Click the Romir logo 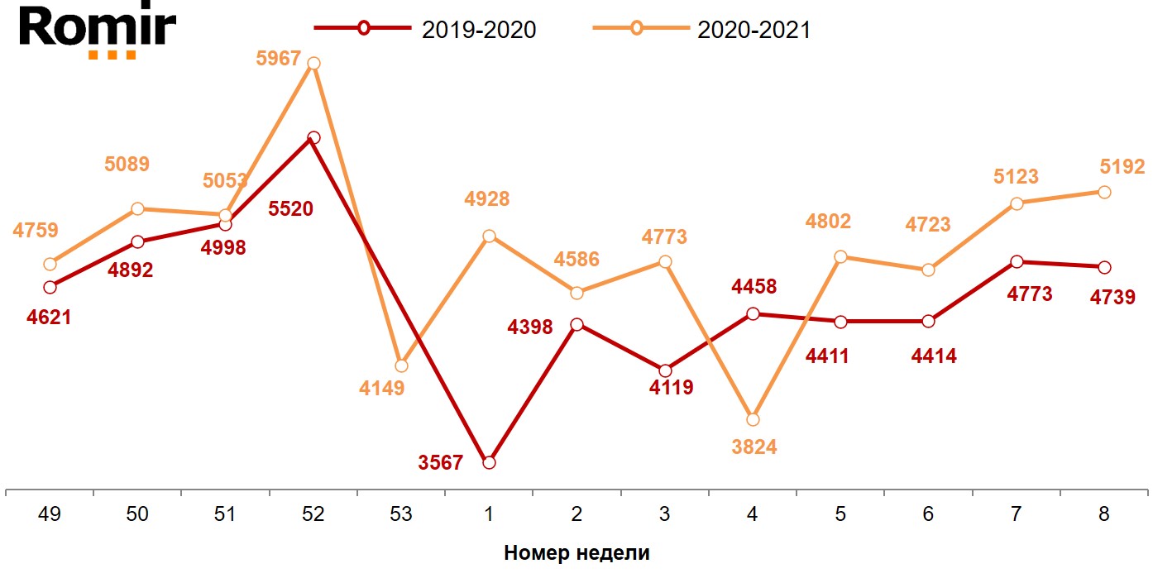click(x=98, y=31)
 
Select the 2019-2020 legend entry click(x=426, y=29)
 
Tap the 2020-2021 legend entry click(x=703, y=29)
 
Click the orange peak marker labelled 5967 click(x=313, y=63)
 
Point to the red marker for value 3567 click(x=489, y=462)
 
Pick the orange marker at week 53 click(x=401, y=365)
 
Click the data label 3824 click(x=754, y=447)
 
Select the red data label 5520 click(x=291, y=209)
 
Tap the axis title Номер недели click(x=576, y=553)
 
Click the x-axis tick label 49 click(x=50, y=514)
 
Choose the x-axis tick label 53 click(x=400, y=514)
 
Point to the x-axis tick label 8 click(x=1103, y=514)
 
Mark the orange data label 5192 click(x=1122, y=167)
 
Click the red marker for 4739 click(x=1103, y=267)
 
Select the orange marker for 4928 click(x=489, y=236)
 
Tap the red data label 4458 click(x=754, y=287)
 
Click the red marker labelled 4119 click(x=665, y=370)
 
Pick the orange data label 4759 click(x=36, y=231)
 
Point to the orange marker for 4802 click(x=840, y=256)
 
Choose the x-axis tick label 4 click(x=753, y=514)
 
